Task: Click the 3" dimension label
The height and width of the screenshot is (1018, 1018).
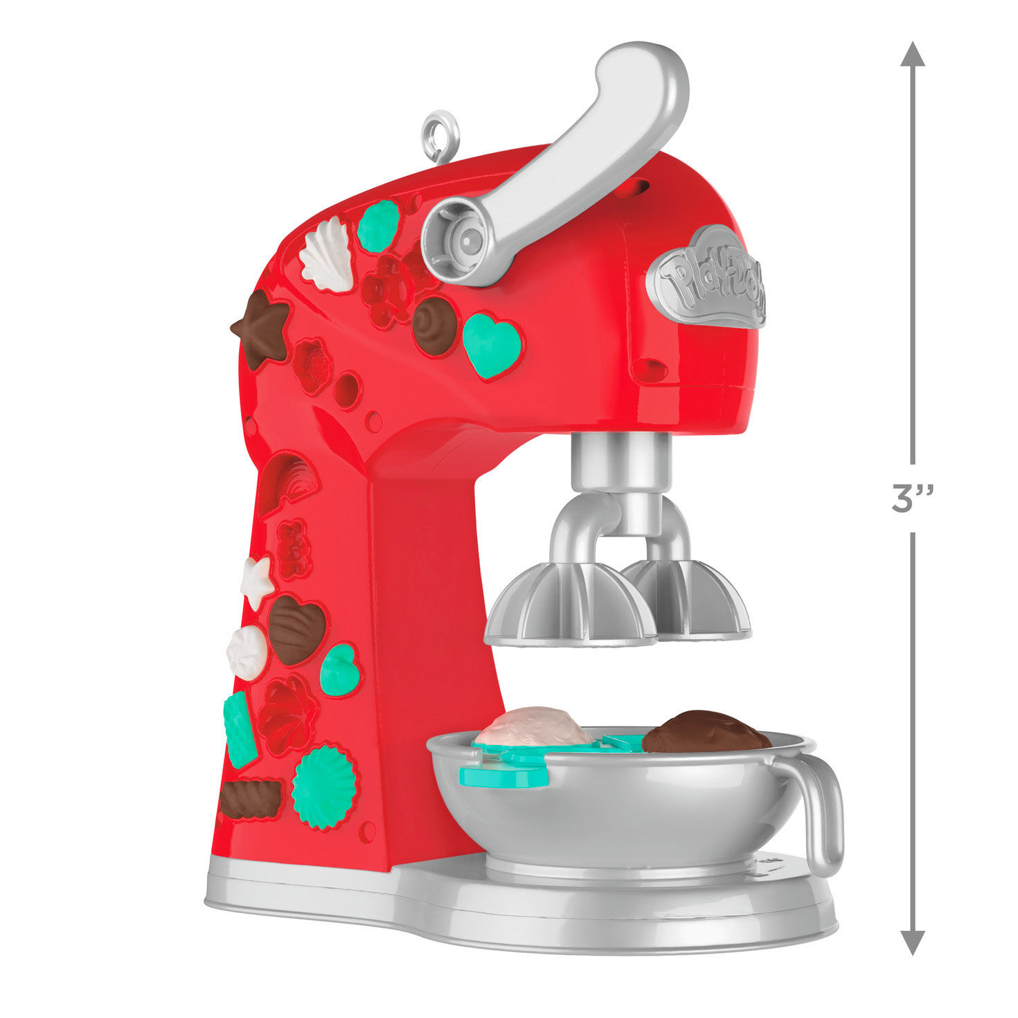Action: point(913,499)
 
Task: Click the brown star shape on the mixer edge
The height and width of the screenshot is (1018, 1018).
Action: point(262,328)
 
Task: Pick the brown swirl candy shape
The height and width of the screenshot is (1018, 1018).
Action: point(434,325)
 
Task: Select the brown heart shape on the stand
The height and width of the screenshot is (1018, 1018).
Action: point(296,629)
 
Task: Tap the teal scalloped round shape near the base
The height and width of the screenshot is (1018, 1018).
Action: point(324,786)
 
